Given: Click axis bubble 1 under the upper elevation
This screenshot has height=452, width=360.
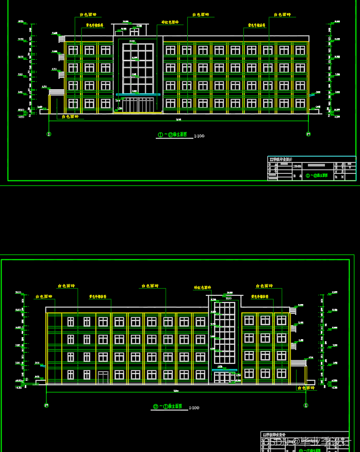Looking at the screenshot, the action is point(49,134).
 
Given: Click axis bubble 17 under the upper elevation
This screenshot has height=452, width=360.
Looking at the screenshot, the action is point(308,134).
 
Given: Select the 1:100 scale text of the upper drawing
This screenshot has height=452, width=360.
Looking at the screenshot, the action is point(199,136).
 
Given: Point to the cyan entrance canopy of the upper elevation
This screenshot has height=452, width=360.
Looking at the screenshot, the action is point(138,94).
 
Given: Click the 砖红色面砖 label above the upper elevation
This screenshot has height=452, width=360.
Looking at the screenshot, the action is point(170,22).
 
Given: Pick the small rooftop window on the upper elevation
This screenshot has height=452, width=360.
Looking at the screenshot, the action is point(139,27).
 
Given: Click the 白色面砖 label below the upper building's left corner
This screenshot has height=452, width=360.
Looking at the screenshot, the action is point(70,117).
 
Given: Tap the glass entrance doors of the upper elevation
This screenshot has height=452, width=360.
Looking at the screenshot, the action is point(138,105).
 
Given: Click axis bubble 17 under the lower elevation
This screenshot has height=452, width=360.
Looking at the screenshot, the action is point(46,406).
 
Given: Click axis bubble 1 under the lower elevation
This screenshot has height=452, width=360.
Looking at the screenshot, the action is point(305,406).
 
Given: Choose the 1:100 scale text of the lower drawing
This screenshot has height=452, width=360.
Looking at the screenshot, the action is point(194,408).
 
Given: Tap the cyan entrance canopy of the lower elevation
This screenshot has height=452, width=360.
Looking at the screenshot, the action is point(224,370).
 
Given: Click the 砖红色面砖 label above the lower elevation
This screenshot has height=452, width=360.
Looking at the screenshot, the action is point(202,288).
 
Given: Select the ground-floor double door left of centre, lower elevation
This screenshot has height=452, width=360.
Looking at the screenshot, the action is point(103,377).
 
